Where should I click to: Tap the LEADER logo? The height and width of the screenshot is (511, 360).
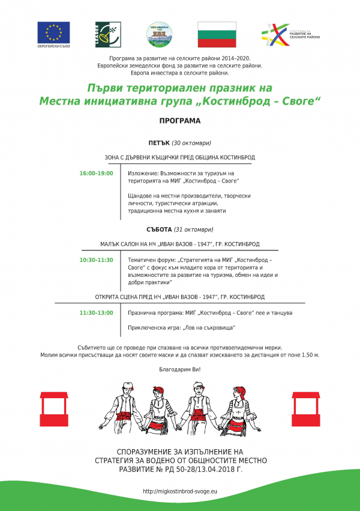[x=106, y=34]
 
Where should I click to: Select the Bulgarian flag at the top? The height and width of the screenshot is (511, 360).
[x=217, y=34]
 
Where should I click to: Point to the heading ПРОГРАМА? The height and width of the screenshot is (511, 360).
[x=180, y=121]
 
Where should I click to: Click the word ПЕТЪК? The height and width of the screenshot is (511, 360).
[x=159, y=143]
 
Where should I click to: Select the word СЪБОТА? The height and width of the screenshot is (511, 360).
[x=159, y=229]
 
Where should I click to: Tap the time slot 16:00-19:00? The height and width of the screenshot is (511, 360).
[x=96, y=174]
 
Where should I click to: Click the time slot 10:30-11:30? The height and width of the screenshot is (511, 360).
[x=96, y=260]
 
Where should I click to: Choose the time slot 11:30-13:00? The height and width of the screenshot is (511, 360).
[x=96, y=313]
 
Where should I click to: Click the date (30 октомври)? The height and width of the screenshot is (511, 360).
[x=191, y=143]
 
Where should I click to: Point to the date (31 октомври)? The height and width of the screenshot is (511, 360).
[x=194, y=229]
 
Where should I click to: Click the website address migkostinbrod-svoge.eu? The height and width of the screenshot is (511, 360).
[x=180, y=491]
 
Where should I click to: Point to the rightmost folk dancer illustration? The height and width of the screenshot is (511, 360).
[x=245, y=408]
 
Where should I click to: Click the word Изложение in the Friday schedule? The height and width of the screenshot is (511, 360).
[x=142, y=174]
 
